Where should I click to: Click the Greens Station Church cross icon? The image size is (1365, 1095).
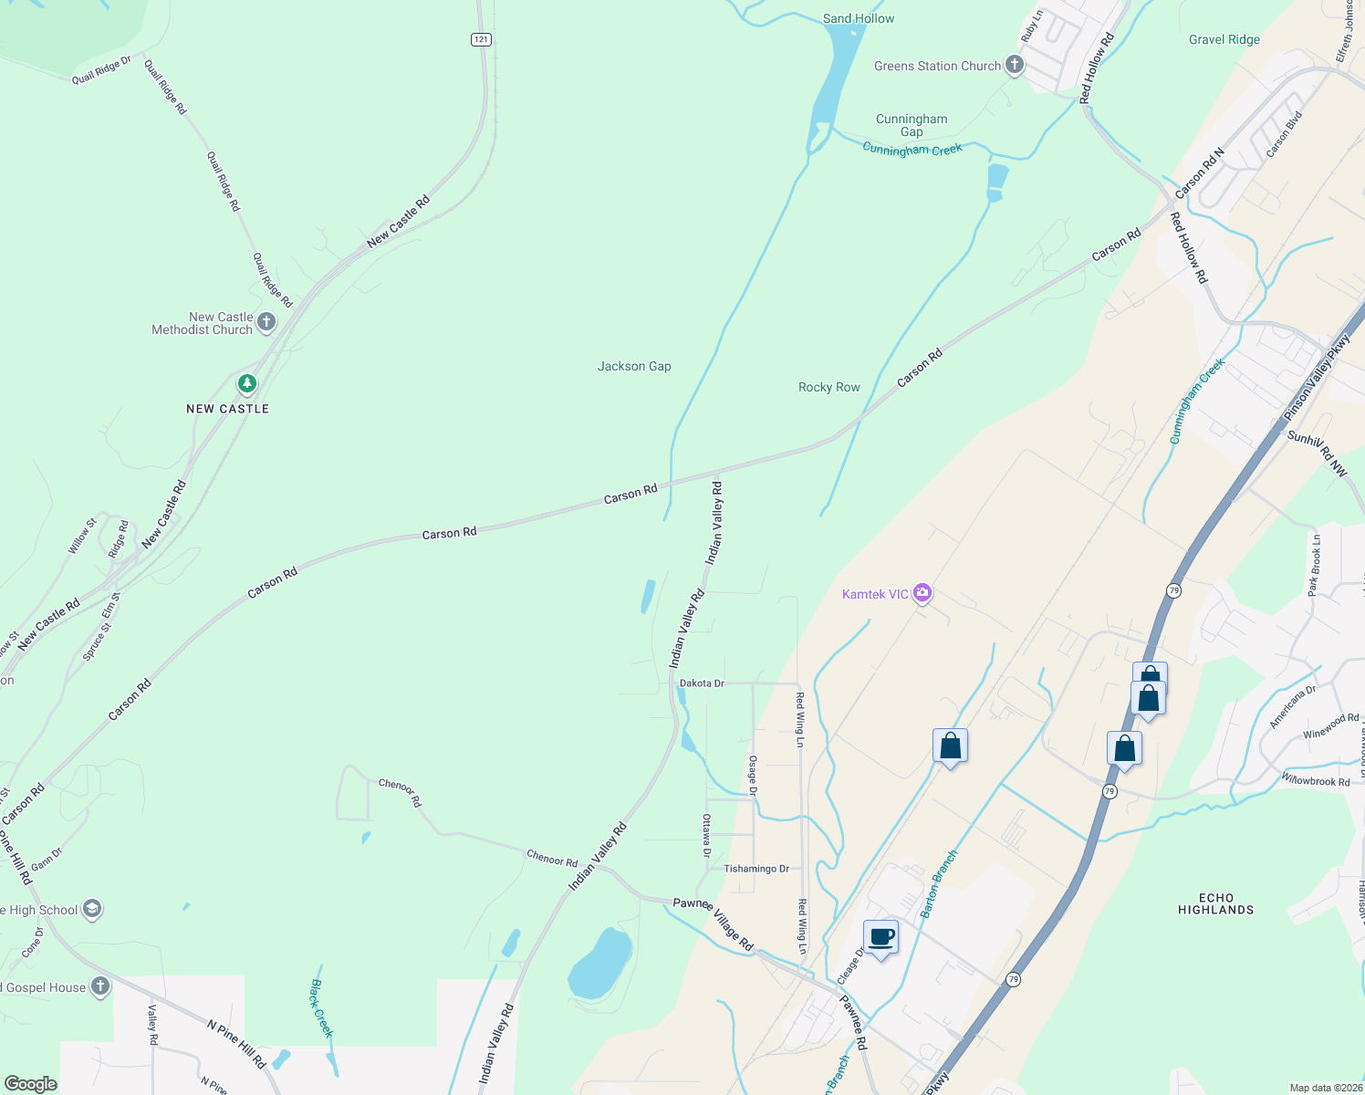(x=1014, y=65)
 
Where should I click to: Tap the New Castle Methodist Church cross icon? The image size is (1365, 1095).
(x=266, y=321)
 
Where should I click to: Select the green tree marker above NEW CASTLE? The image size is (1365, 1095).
(x=246, y=383)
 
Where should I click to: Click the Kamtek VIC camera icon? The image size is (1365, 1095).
(x=922, y=594)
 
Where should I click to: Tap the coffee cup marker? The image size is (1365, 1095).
(x=881, y=937)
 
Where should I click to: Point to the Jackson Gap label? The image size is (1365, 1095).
(x=634, y=366)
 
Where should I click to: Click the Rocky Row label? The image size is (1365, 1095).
(x=828, y=387)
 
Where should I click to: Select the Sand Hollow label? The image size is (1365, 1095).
(x=858, y=18)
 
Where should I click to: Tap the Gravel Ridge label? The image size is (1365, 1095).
(x=1224, y=39)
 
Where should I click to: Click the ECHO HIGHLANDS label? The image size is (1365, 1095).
(x=1215, y=903)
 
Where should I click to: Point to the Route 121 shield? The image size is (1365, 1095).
(x=482, y=39)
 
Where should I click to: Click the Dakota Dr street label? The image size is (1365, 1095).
(x=702, y=683)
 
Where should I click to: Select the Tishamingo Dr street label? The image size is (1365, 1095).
(x=756, y=869)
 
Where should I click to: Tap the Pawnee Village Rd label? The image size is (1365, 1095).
(x=714, y=924)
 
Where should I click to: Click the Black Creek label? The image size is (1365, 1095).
(x=322, y=1008)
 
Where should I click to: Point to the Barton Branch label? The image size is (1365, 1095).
(x=939, y=883)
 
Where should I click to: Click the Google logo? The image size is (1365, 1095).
(x=30, y=1084)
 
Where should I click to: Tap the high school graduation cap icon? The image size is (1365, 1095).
(x=91, y=909)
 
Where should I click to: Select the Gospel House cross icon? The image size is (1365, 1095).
(x=100, y=986)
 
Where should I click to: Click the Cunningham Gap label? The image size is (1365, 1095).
(x=912, y=125)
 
